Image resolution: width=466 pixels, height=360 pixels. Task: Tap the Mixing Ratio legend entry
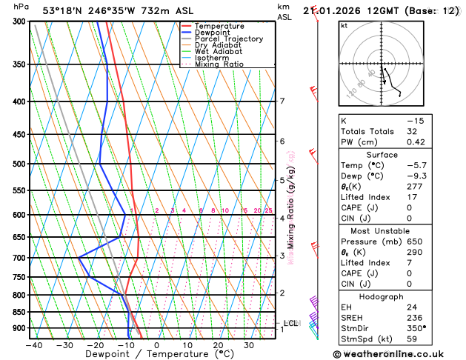(220, 64)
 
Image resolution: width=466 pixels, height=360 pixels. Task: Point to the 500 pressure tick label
(18, 164)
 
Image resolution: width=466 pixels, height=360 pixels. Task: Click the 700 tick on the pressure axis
(18, 258)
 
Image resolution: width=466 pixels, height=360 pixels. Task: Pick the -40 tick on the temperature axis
(33, 345)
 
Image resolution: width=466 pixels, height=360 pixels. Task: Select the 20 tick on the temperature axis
(218, 345)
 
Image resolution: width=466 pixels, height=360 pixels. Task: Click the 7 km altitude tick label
(282, 101)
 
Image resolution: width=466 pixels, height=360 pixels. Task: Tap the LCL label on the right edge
(290, 323)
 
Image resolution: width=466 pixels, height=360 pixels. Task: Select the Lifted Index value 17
(410, 198)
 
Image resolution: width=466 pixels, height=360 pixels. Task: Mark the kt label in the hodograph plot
(344, 26)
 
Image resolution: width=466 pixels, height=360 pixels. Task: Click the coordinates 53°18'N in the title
(64, 10)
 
